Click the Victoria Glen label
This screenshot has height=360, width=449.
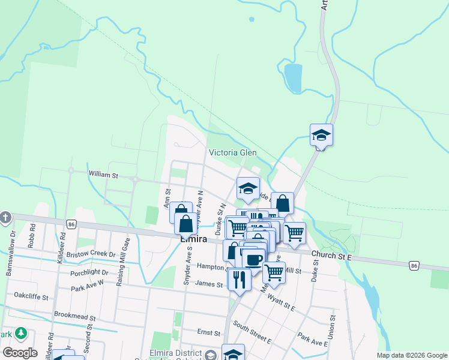click(232, 152)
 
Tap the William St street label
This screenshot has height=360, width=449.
click(103, 174)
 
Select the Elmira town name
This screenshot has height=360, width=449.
click(194, 239)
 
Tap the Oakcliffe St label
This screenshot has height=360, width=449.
click(31, 296)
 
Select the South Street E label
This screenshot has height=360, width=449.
click(252, 334)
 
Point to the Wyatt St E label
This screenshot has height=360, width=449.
click(282, 299)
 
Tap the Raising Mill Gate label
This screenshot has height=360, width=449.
click(127, 253)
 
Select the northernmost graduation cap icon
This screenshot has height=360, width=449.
click(321, 135)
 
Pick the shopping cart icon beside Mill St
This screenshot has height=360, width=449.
click(274, 272)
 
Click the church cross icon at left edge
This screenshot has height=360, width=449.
click(5, 217)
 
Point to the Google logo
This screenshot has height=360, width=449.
click(20, 353)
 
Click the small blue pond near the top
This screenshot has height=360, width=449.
click(293, 77)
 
